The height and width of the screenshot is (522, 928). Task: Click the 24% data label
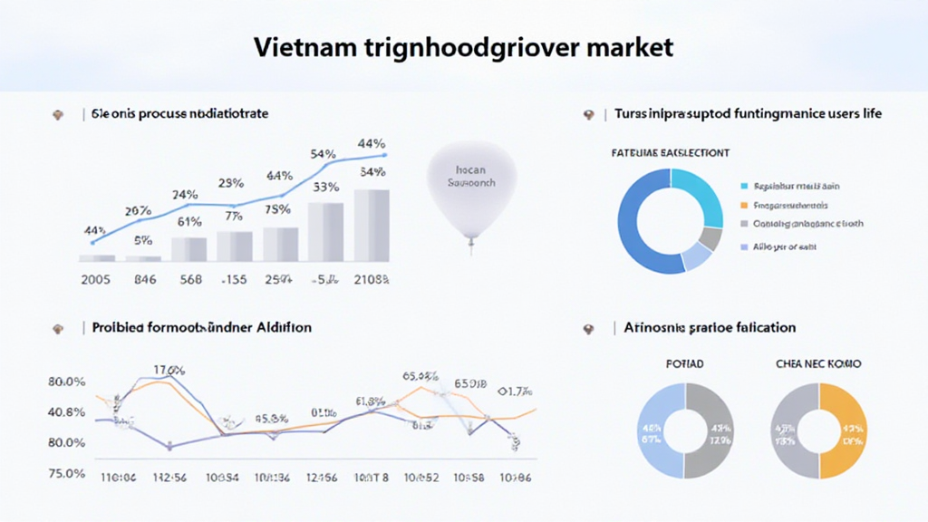click(x=185, y=195)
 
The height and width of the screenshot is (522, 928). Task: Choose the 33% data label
click(x=325, y=188)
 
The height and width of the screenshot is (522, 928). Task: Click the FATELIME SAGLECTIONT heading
click(x=672, y=153)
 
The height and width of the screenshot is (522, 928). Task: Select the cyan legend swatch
click(x=744, y=186)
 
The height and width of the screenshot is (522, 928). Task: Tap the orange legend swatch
click(x=744, y=206)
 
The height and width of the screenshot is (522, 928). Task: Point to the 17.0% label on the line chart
click(x=169, y=369)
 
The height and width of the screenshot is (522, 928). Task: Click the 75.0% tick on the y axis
click(x=67, y=474)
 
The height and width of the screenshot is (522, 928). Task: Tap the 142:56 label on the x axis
click(x=169, y=477)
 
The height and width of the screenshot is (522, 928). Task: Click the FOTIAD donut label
click(x=684, y=364)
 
